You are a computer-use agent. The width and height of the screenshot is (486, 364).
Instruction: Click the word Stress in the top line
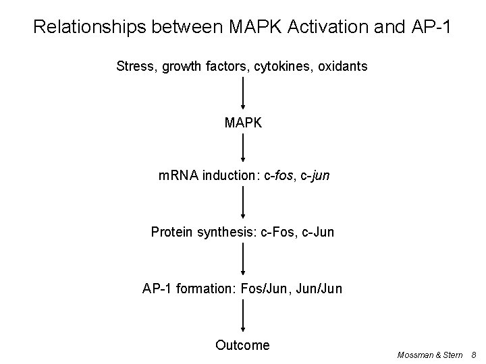pyautogui.click(x=134, y=67)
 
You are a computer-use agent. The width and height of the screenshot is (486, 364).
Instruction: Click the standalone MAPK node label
pyautogui.click(x=243, y=123)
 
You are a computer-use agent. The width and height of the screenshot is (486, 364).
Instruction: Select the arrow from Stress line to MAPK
pyautogui.click(x=243, y=94)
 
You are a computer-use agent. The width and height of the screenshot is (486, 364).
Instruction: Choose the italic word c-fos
pyautogui.click(x=278, y=177)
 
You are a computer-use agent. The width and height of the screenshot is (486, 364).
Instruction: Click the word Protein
pyautogui.click(x=171, y=233)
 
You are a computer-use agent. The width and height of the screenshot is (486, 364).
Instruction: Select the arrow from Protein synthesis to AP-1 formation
pyautogui.click(x=243, y=261)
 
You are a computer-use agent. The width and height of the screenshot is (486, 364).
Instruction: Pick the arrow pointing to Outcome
pyautogui.click(x=243, y=317)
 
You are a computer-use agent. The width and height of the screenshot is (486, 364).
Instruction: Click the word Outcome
pyautogui.click(x=242, y=345)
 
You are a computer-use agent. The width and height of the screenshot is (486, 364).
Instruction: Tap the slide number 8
pyautogui.click(x=474, y=353)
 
